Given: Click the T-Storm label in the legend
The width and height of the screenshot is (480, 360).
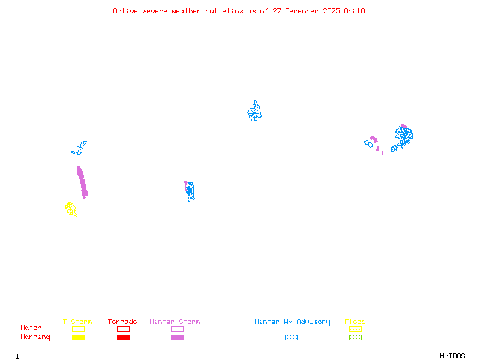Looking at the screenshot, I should (x=77, y=322).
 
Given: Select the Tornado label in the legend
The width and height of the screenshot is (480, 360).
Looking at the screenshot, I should (x=122, y=322).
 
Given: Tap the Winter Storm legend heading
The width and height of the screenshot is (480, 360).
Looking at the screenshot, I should (x=175, y=322).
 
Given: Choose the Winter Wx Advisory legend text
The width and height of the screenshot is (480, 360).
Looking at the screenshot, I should (x=292, y=322).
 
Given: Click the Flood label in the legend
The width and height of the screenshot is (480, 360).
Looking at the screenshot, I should (x=355, y=322).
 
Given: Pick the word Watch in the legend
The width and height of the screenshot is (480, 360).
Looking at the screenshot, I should (x=31, y=328).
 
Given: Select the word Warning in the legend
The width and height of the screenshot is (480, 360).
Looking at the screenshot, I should (x=35, y=337).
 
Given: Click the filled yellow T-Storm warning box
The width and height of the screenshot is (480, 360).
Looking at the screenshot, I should (x=78, y=337).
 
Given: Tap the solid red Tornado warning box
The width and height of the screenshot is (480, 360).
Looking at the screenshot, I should (x=123, y=337).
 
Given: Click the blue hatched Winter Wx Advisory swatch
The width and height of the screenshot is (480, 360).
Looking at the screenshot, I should (x=291, y=337).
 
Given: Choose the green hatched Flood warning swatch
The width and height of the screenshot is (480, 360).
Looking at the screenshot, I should (x=355, y=337).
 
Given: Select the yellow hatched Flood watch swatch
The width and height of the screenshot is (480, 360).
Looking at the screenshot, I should (x=355, y=329).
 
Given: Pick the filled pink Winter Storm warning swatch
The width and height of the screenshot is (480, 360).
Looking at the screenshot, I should (x=177, y=337).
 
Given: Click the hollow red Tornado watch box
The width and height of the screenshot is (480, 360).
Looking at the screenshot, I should (x=123, y=329).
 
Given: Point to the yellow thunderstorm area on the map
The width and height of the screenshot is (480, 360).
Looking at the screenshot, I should (x=71, y=209).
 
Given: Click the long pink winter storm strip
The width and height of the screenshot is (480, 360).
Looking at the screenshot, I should (x=82, y=181).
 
